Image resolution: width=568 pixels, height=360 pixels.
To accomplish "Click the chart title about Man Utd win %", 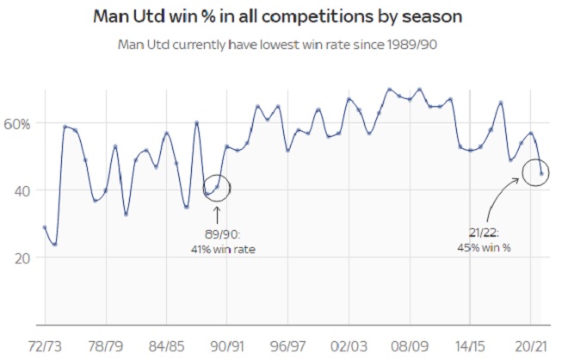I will tap(283, 16).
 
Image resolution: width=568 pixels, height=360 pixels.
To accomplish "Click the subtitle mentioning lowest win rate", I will tap(283, 44).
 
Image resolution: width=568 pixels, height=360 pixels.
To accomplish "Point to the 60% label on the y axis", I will tap(17, 123).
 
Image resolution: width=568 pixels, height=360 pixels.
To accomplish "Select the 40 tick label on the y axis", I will tap(21, 190).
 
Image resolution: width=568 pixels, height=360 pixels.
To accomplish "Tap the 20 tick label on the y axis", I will tap(21, 258).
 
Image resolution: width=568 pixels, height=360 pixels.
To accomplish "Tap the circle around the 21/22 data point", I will tap(538, 173).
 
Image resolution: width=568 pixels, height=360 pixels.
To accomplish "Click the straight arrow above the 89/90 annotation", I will tap(216, 214).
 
